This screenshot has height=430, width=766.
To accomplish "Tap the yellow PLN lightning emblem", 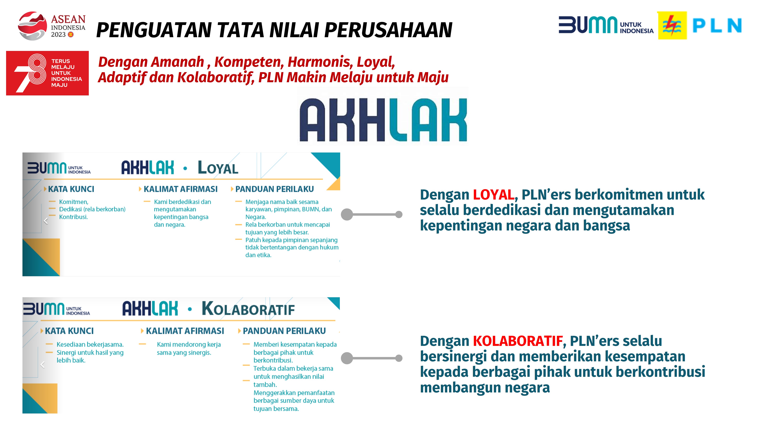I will (x=672, y=26).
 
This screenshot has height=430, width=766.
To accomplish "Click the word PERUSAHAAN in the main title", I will (x=388, y=30).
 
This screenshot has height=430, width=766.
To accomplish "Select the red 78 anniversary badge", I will (x=47, y=73).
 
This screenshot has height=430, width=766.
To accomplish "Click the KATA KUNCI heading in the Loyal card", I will (x=71, y=189).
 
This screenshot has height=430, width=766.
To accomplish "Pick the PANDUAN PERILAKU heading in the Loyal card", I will (x=274, y=189).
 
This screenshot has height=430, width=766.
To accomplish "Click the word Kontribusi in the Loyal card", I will (x=73, y=217).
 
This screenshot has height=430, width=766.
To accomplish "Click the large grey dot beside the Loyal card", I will (x=347, y=214).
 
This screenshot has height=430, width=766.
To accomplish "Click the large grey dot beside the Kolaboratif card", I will (x=347, y=358).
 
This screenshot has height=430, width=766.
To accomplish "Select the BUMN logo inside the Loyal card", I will (x=59, y=168).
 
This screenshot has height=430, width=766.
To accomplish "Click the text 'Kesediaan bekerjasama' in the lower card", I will (x=90, y=344).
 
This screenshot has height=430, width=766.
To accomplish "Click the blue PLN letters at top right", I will (x=717, y=26).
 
